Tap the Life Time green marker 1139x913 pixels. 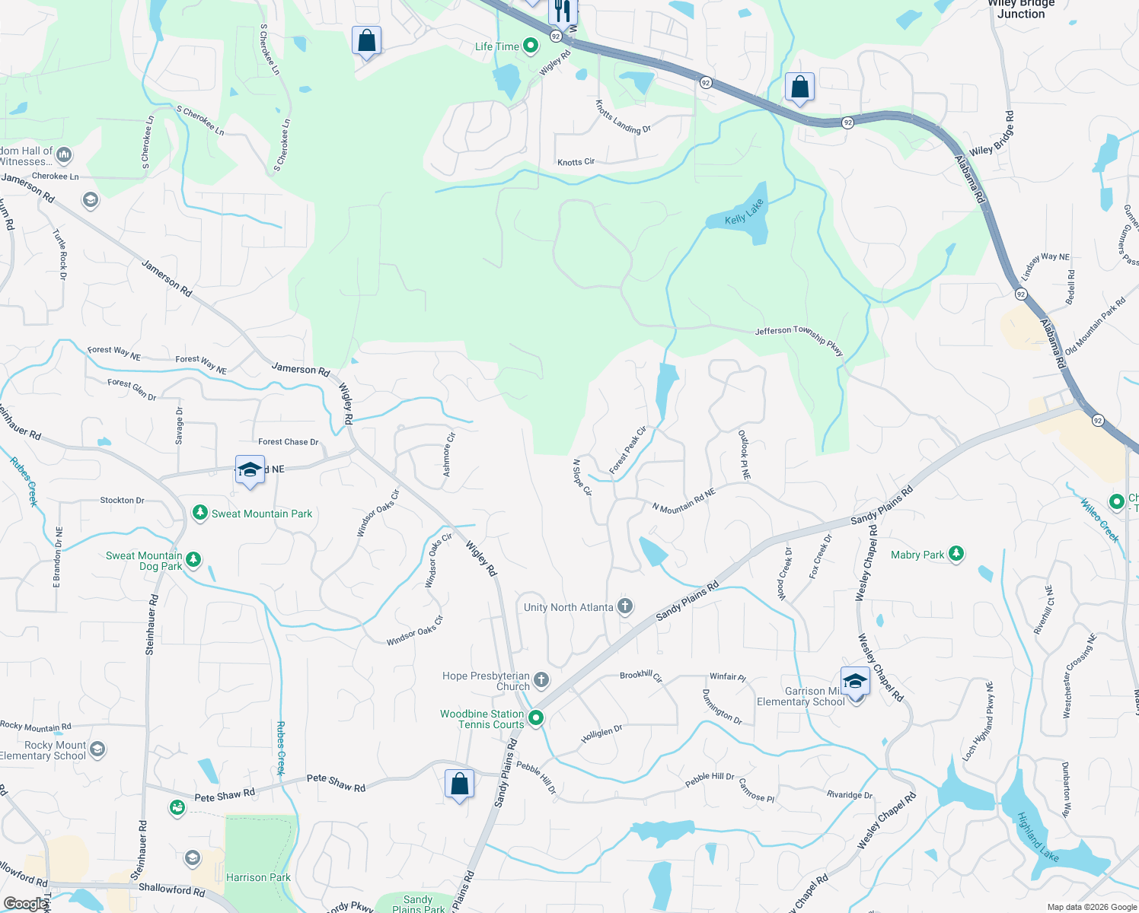(531, 46)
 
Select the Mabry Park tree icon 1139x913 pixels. (956, 555)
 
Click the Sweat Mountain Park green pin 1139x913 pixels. (200, 514)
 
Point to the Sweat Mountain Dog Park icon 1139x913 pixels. (193, 561)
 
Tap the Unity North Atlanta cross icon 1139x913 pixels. (625, 606)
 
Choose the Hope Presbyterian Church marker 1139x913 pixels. (541, 680)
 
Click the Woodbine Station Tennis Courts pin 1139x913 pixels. (536, 717)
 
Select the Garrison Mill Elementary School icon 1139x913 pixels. (855, 682)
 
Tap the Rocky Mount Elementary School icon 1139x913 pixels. (97, 750)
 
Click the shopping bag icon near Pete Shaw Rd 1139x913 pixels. (460, 784)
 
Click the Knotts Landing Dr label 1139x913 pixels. (623, 118)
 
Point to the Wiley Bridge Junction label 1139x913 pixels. (1021, 8)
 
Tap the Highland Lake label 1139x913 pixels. (1038, 836)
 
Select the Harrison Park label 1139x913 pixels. (258, 877)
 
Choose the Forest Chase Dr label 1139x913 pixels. (288, 441)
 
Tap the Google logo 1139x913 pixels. (24, 903)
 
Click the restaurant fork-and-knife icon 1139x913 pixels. (563, 11)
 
